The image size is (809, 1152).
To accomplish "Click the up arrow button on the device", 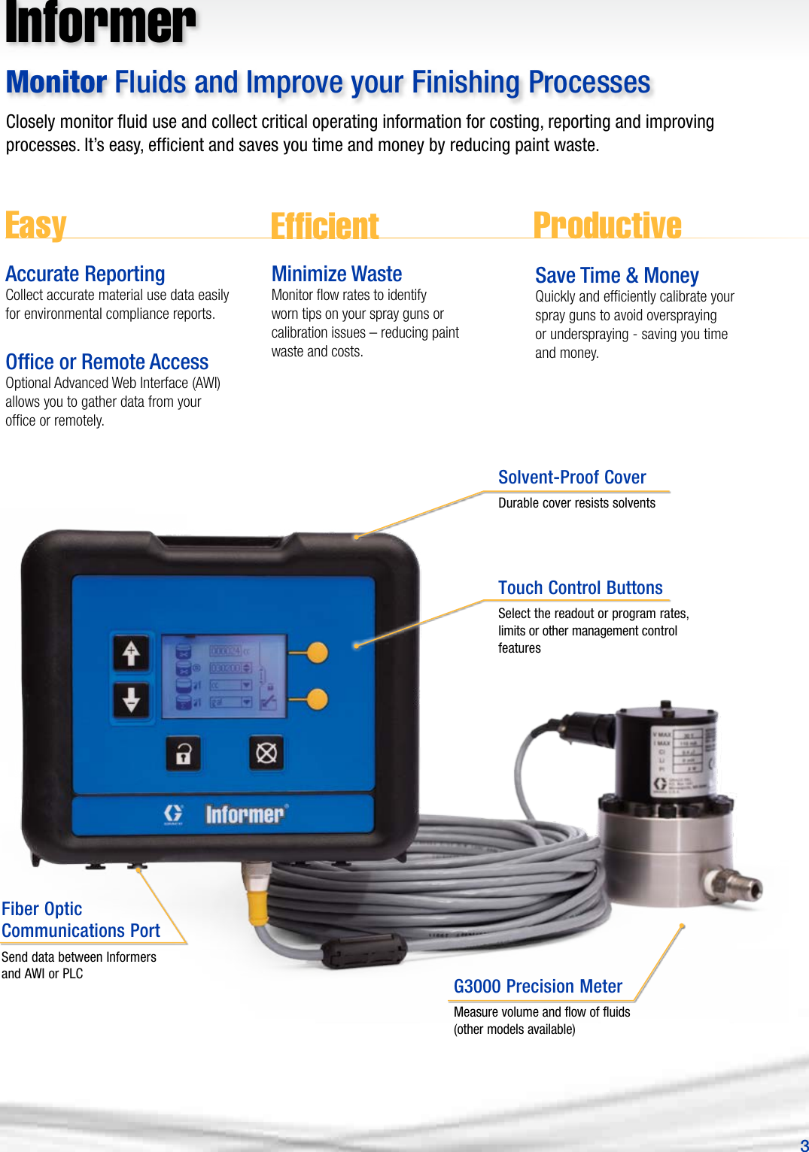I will click(x=131, y=653).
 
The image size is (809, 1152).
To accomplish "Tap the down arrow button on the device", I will click(x=131, y=699).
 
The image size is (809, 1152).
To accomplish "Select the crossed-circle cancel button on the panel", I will click(x=266, y=753).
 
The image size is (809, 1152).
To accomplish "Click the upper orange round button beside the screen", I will click(x=317, y=653).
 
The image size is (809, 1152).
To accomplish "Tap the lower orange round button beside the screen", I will click(x=317, y=699).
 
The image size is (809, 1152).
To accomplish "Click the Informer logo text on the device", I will click(x=245, y=814).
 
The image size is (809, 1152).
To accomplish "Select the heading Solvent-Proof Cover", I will click(x=572, y=477).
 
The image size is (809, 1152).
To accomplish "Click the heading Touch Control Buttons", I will click(x=580, y=588).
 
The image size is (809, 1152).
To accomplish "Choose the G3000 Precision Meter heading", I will click(x=537, y=987).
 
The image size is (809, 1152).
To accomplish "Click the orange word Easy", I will click(x=36, y=225).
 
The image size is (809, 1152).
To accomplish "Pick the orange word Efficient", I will click(x=324, y=226).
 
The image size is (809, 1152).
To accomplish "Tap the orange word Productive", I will click(x=607, y=225).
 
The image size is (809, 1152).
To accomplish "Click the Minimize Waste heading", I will click(x=336, y=274).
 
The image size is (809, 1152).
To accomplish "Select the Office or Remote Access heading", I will click(x=107, y=362).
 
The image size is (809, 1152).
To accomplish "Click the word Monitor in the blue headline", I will click(x=56, y=83).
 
